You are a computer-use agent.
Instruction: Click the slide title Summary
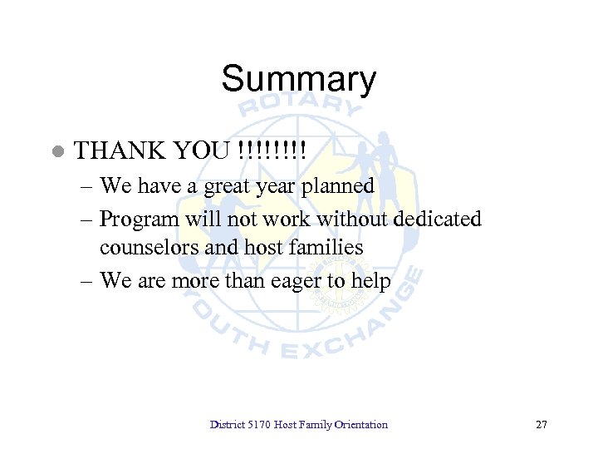point(298,80)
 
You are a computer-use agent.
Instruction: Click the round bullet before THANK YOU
point(57,151)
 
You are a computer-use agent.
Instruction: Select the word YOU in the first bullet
point(200,150)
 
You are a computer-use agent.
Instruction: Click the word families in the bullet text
point(327,247)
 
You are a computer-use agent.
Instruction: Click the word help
point(370,280)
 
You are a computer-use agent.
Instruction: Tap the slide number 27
point(542,425)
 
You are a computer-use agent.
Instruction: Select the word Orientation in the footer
point(360,425)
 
